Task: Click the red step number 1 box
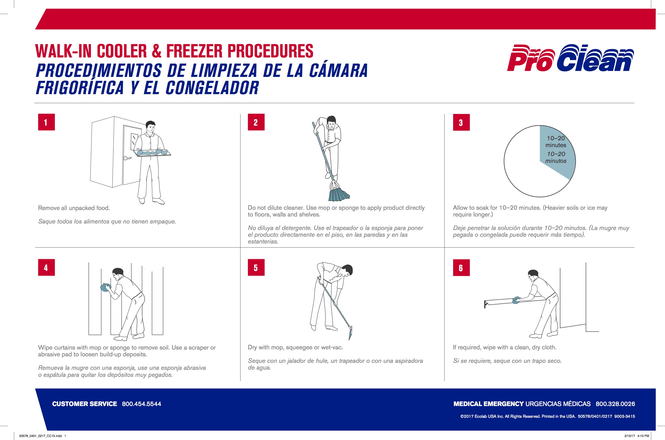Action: (x=46, y=122)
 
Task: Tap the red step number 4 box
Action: (x=46, y=267)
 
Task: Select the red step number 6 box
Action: (x=461, y=268)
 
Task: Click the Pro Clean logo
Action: (x=570, y=58)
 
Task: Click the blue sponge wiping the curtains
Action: (x=106, y=287)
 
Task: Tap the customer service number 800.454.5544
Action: (x=141, y=404)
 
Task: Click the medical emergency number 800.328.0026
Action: (x=615, y=404)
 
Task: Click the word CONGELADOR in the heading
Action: (x=212, y=88)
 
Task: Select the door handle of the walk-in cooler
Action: (x=127, y=158)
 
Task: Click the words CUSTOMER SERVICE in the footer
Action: (x=84, y=404)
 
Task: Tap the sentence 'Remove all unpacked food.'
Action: (x=74, y=208)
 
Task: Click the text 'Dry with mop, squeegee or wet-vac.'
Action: (x=295, y=347)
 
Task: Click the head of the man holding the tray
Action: (x=150, y=127)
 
